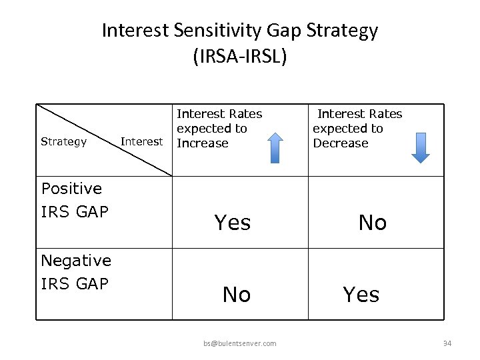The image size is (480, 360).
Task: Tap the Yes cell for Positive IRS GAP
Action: [232, 223]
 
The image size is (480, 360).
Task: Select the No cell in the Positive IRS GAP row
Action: [372, 223]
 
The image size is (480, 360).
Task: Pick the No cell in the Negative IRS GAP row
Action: [236, 294]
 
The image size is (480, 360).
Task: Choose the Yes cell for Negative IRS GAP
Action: [361, 294]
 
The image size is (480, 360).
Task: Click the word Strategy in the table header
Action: [63, 141]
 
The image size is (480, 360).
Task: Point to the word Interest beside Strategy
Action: [141, 141]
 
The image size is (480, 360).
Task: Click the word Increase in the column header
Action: [203, 143]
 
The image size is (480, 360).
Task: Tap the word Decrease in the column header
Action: [340, 143]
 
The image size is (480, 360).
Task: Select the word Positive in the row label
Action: [71, 189]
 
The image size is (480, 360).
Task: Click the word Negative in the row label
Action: [76, 260]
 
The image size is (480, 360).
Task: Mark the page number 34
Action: [447, 343]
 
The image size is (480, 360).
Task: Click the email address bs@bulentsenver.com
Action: [240, 343]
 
